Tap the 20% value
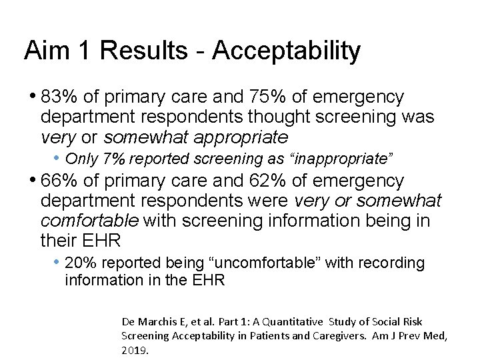(x=80, y=263)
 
